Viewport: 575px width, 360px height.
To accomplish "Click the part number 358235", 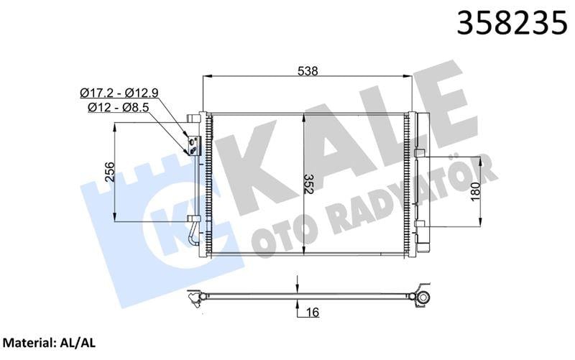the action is point(512,23).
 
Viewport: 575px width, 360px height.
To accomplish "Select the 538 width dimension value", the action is point(308,70).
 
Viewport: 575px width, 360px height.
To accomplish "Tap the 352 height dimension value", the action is point(308,184).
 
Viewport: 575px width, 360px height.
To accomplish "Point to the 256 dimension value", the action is point(110,172).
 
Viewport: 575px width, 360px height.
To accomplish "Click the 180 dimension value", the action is point(475,191).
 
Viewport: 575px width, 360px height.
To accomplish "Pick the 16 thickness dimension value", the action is point(313,312).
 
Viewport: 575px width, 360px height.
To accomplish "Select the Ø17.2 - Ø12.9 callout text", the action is point(119,93).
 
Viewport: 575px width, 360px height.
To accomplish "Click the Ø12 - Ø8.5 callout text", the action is point(118,108).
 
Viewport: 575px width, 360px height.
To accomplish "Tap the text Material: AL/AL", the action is point(49,343).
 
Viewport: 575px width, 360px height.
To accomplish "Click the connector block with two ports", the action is point(193,146).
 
